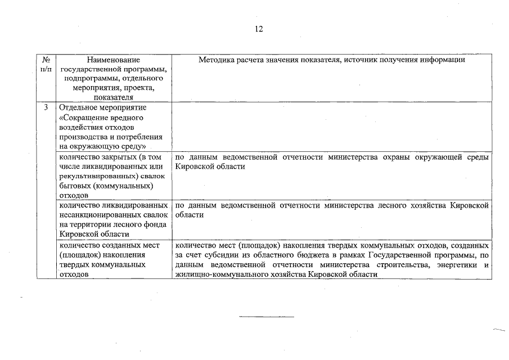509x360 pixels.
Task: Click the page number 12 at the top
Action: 258,29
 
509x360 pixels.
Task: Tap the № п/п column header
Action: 46,64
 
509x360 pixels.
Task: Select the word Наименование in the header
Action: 114,59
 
